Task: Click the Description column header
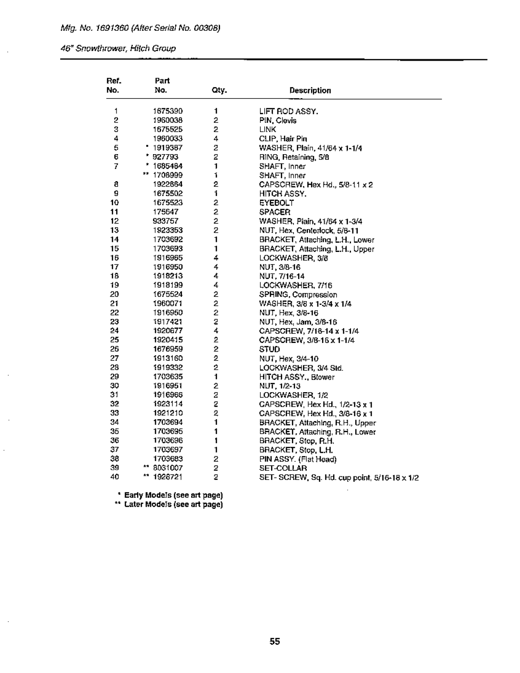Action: (x=310, y=91)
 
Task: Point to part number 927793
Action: (x=166, y=157)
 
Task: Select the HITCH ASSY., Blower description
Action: (x=297, y=377)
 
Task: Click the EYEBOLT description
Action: (x=276, y=203)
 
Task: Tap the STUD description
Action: (x=270, y=349)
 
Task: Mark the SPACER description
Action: (x=275, y=212)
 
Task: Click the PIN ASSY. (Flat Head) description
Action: (x=298, y=459)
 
